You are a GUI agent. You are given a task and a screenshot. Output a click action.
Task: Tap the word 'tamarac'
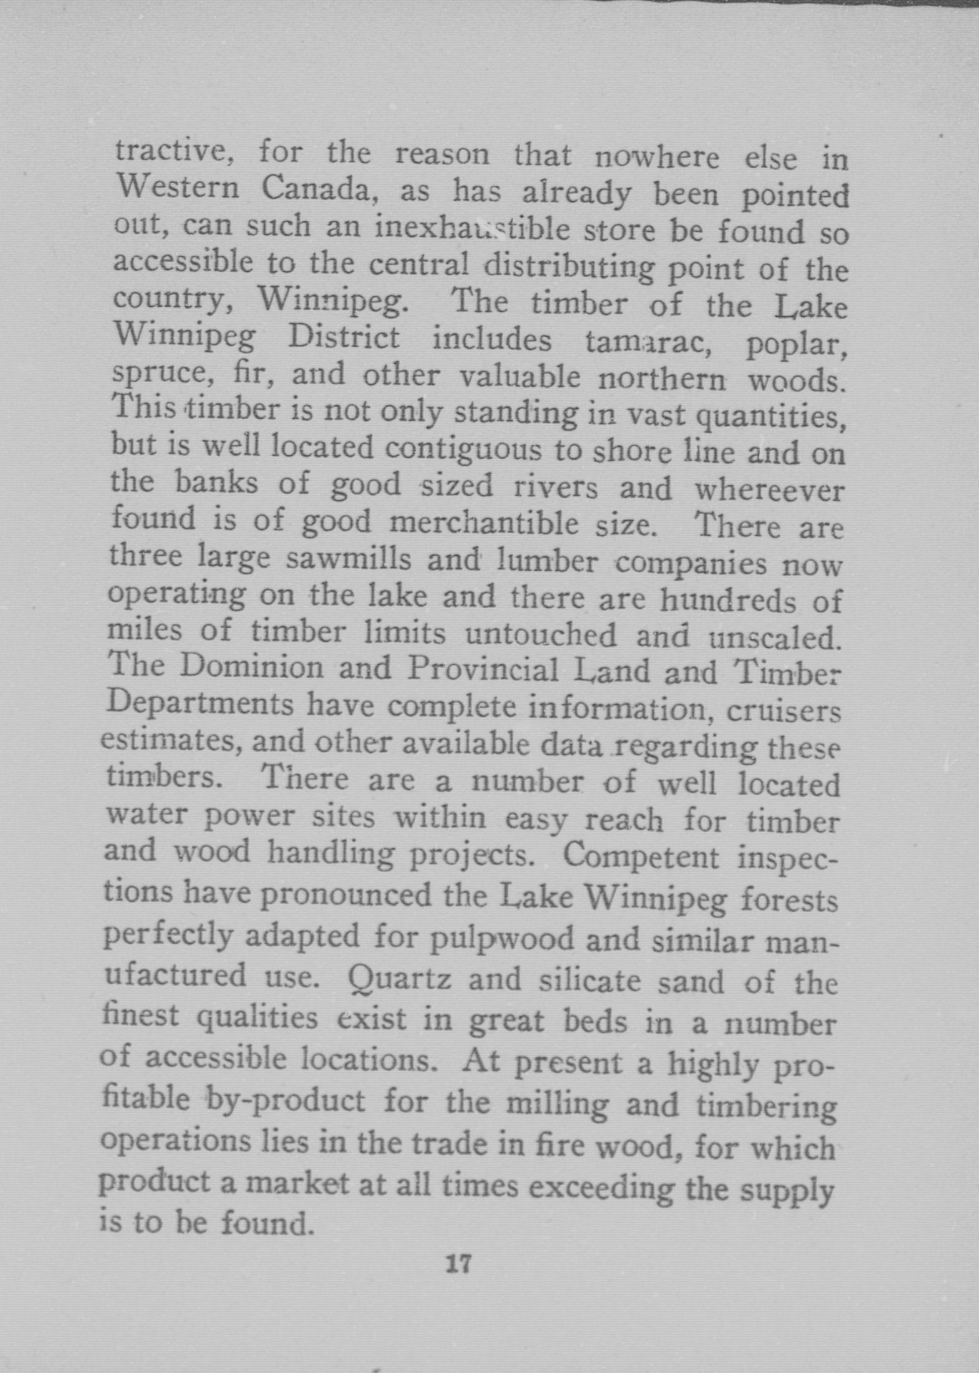(x=648, y=342)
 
